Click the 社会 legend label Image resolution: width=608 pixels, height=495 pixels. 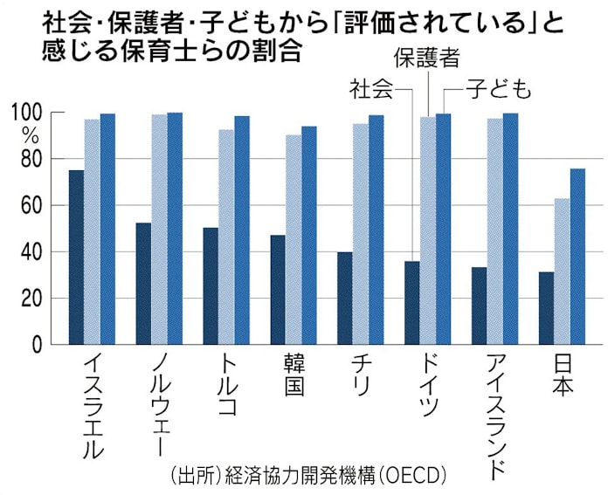click(370, 89)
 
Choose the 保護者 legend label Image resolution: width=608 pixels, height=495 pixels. click(426, 60)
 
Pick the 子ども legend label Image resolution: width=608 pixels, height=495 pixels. click(495, 89)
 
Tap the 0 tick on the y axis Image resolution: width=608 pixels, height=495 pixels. click(38, 345)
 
